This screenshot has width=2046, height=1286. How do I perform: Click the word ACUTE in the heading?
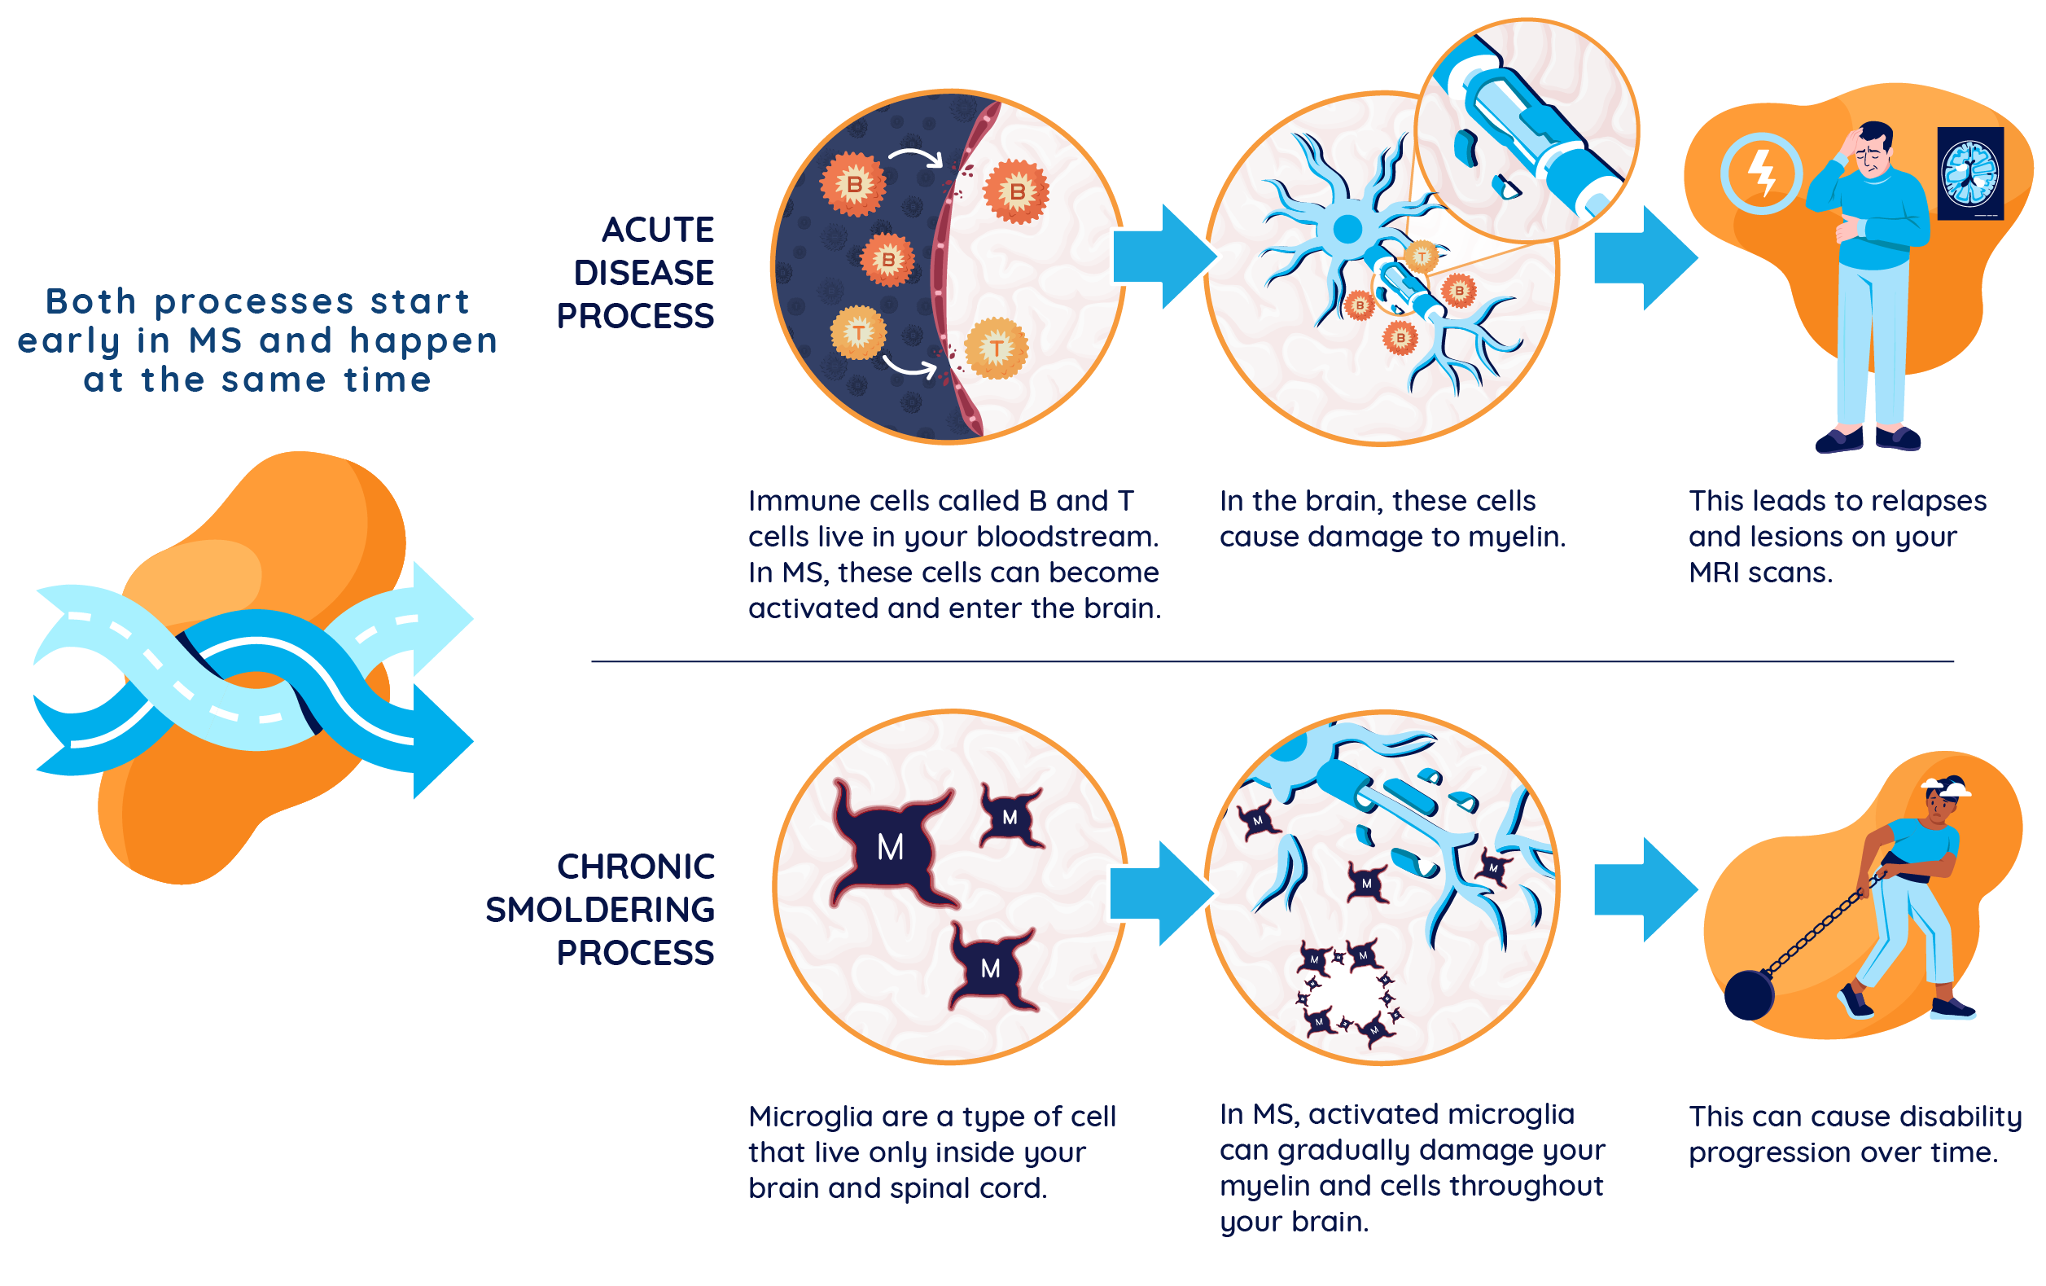tap(658, 230)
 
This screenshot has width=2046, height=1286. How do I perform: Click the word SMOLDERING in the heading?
tap(600, 911)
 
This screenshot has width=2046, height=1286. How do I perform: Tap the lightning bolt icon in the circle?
tap(1761, 173)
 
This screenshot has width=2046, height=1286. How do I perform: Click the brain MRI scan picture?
tap(1969, 173)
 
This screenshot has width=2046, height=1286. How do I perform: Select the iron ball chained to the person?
tap(1750, 994)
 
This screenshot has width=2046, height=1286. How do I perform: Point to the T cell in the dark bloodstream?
tap(858, 332)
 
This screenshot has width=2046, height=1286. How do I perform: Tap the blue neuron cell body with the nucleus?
tap(1347, 228)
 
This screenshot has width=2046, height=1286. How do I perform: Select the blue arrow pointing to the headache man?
tap(1644, 257)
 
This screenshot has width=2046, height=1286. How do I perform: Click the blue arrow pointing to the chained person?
tap(1644, 890)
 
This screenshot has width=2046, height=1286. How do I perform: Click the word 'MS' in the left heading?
tap(215, 340)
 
